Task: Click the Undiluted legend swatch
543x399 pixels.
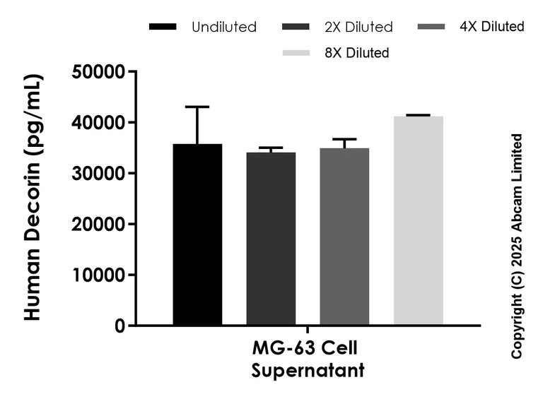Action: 163,28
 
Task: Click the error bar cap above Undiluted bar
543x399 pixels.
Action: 197,107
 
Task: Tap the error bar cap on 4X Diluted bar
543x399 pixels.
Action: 344,139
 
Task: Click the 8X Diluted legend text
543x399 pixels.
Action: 357,52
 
